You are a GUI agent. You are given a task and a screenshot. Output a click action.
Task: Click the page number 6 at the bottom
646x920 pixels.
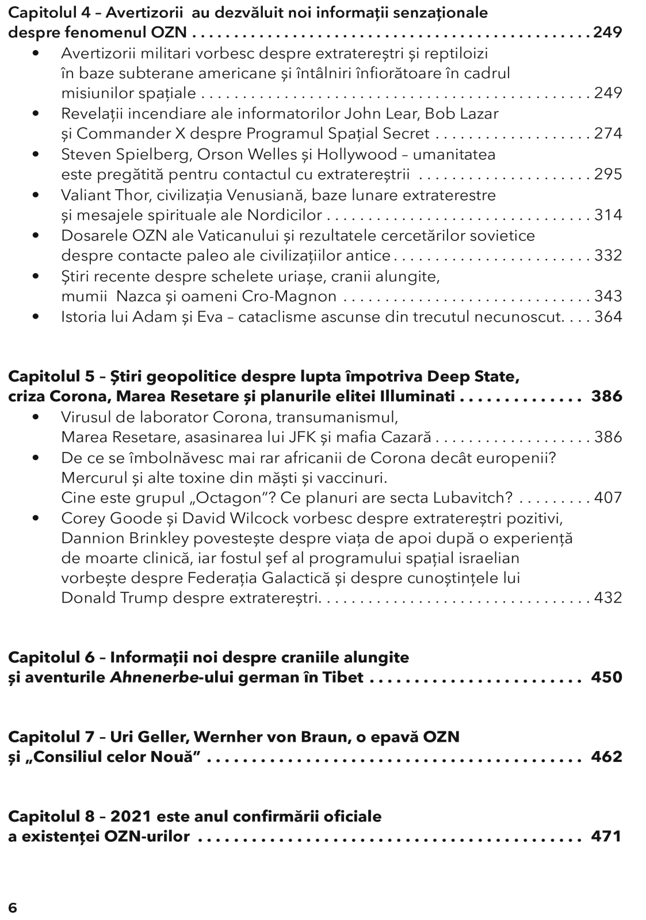[x=13, y=907]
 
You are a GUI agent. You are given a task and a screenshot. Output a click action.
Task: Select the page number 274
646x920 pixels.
[x=608, y=133]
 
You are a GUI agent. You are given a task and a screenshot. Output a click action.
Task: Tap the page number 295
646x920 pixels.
[x=608, y=174]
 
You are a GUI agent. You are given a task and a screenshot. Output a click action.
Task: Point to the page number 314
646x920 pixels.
[x=608, y=214]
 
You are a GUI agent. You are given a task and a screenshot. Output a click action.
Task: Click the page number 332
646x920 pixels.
[x=608, y=255]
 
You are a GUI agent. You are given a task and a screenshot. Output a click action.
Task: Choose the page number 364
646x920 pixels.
[x=608, y=316]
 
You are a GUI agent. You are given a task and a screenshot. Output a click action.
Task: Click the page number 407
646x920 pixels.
[x=608, y=497]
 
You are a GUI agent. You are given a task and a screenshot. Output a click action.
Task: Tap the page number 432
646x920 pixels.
[x=608, y=597]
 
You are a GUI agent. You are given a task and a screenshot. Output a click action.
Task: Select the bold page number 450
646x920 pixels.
[x=606, y=677]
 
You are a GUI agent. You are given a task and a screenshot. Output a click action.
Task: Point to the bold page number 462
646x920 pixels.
[x=606, y=756]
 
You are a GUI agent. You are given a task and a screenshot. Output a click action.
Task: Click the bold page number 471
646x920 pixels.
[x=606, y=835]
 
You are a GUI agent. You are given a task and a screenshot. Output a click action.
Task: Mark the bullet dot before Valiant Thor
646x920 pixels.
[x=37, y=195]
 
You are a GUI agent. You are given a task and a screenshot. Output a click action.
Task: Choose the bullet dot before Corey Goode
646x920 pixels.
[x=37, y=518]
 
